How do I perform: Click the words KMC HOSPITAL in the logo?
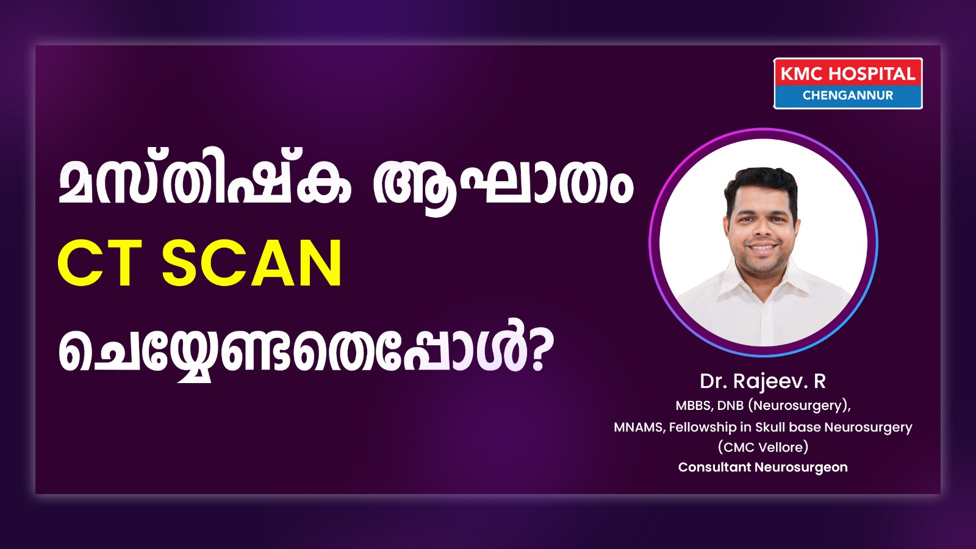tap(847, 74)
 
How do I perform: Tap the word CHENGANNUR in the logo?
tap(848, 95)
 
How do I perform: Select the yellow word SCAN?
tap(252, 264)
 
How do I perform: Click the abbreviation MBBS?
tap(694, 406)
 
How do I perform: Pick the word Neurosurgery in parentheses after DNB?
tap(798, 406)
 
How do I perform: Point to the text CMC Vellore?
tap(763, 447)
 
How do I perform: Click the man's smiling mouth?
tap(761, 247)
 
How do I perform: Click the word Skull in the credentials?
tap(770, 427)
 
